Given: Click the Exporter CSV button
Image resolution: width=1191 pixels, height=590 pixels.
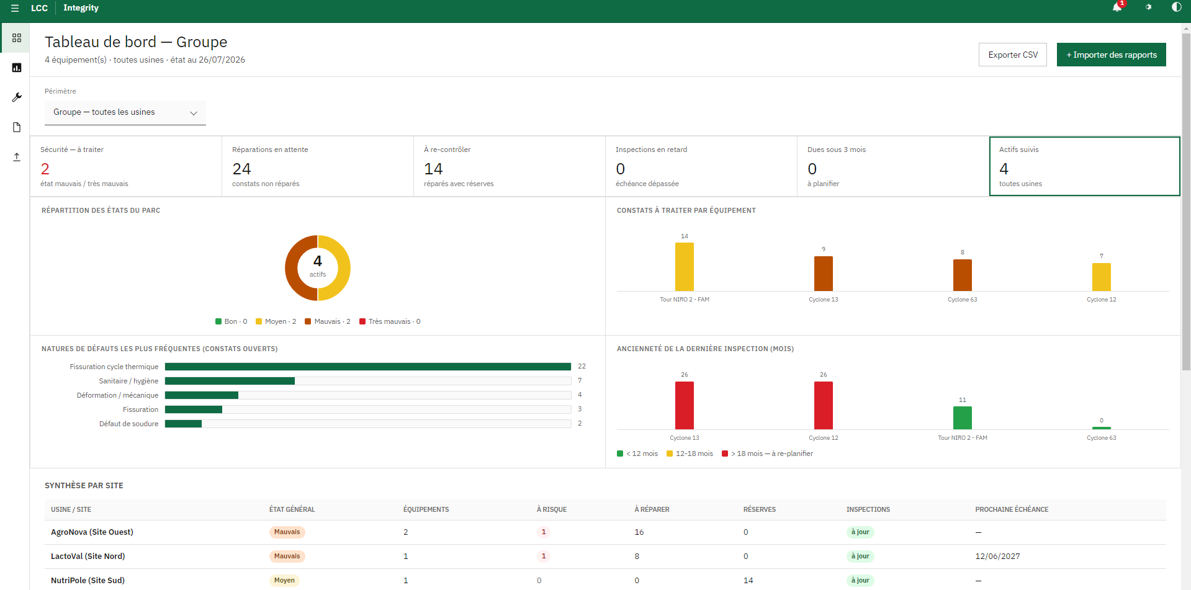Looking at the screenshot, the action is (1013, 55).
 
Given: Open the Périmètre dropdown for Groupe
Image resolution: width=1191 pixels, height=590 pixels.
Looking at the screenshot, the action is (125, 112).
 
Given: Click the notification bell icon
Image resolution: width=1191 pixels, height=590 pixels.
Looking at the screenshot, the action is (1117, 7).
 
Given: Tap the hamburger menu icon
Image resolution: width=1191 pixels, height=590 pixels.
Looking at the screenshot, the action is (15, 8).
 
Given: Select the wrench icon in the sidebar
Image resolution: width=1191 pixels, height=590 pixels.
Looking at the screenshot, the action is (17, 97).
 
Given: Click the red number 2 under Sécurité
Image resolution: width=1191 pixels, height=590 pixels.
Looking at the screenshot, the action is (45, 169).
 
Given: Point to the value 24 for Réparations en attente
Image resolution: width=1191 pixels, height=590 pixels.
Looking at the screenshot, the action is (241, 169).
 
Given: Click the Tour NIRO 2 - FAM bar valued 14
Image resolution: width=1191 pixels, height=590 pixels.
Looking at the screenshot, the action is (685, 267).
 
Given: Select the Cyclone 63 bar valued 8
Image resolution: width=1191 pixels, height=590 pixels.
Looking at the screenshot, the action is (963, 275).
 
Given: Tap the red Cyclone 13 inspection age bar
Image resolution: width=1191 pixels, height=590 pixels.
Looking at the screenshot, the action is (685, 405).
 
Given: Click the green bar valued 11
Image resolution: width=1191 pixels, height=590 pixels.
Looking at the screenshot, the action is (963, 418).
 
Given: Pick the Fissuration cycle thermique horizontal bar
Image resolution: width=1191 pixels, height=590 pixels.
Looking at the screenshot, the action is (368, 367).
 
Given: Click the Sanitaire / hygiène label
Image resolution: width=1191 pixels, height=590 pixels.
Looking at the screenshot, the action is (128, 381).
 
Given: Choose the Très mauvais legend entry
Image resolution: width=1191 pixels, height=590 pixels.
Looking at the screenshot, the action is (390, 321).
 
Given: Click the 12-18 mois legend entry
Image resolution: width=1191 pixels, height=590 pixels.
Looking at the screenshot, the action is (690, 454).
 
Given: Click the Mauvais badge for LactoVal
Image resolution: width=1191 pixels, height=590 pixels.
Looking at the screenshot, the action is (287, 556).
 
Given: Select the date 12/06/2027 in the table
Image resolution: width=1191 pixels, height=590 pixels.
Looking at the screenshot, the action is (997, 556).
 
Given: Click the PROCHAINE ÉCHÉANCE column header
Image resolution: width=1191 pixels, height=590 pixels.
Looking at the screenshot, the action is (1012, 509).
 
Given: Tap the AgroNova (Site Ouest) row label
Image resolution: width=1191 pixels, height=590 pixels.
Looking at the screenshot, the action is (92, 532).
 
